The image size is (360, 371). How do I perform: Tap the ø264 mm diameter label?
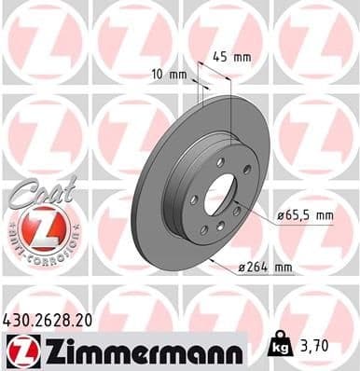(266, 268)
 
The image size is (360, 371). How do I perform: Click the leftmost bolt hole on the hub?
(192, 200)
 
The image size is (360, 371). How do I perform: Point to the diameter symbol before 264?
(241, 268)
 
